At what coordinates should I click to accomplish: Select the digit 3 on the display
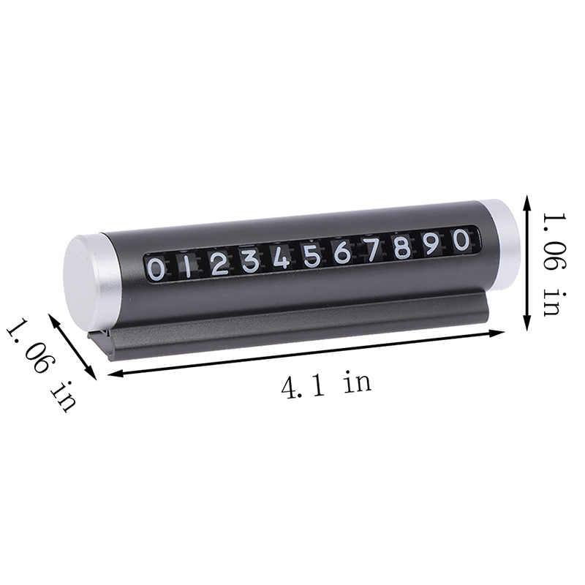pos(250,260)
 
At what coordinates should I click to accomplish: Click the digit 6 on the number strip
pos(342,252)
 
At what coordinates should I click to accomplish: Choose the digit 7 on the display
pos(373,249)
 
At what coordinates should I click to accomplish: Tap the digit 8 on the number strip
pos(402,246)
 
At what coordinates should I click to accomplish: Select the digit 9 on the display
pos(432,243)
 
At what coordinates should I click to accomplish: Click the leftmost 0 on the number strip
pos(156,269)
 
